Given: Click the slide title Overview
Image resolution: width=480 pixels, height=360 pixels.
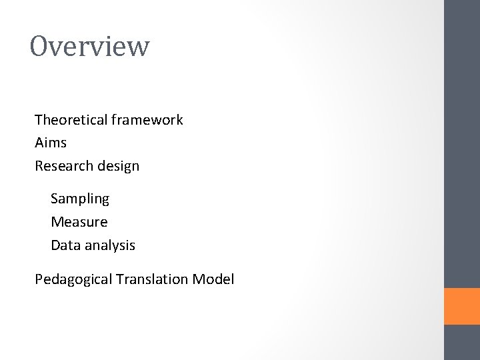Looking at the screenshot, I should tap(90, 47).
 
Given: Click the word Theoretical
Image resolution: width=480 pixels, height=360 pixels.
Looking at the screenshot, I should tap(71, 120).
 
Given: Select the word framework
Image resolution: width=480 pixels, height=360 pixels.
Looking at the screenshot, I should tap(147, 120).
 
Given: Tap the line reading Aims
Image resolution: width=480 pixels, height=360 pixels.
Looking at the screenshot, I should tap(51, 143).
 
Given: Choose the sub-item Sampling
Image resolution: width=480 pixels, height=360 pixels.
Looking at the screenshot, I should tap(80, 199).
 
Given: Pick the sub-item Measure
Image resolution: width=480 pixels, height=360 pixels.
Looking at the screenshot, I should tap(79, 222).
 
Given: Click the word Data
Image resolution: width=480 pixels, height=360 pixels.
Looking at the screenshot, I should tap(65, 245).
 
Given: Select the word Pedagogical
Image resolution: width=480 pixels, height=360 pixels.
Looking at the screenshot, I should tap(73, 280).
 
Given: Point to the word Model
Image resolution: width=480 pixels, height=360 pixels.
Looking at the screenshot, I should tap(213, 279).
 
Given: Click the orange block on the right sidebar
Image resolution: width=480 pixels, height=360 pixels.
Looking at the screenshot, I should tap(461, 306).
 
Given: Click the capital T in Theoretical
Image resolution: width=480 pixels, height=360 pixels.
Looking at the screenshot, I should tap(39, 120).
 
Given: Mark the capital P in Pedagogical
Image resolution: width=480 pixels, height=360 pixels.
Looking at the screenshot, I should tap(39, 279).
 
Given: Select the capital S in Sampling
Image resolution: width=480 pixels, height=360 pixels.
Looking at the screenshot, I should tap(55, 199).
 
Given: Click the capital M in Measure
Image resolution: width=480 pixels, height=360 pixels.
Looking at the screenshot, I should tap(57, 222).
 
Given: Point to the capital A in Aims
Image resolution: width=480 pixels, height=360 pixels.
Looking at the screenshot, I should tap(39, 143).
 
